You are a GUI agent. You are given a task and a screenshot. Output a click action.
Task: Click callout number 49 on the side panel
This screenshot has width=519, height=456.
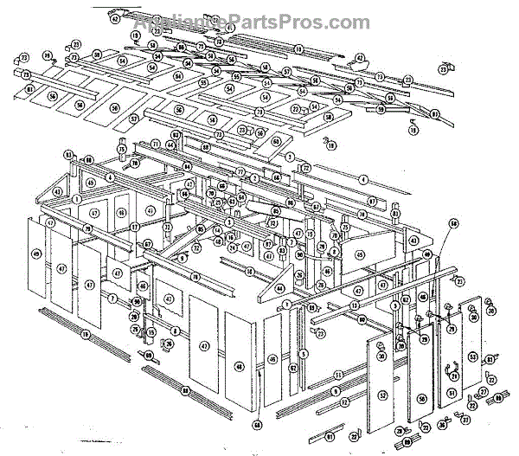pyautogui.click(x=36, y=254)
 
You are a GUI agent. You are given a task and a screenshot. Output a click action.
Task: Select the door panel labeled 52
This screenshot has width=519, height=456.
pyautogui.click(x=382, y=395)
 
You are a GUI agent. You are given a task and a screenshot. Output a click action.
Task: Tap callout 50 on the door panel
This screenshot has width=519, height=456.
pyautogui.click(x=422, y=398)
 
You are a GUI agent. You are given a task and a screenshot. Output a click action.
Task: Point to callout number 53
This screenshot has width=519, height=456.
pyautogui.click(x=473, y=356)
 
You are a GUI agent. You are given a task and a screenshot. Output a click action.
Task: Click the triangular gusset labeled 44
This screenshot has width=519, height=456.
pyautogui.click(x=279, y=288)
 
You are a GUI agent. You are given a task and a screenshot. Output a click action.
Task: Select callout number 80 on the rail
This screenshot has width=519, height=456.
pyautogui.click(x=362, y=321)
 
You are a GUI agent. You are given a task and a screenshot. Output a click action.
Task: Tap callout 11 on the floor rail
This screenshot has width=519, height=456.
pyautogui.click(x=337, y=374)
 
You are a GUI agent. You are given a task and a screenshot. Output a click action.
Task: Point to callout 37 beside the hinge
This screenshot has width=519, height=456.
pyautogui.click(x=465, y=421)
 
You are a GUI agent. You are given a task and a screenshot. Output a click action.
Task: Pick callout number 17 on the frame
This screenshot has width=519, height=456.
pyautogui.click(x=135, y=227)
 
